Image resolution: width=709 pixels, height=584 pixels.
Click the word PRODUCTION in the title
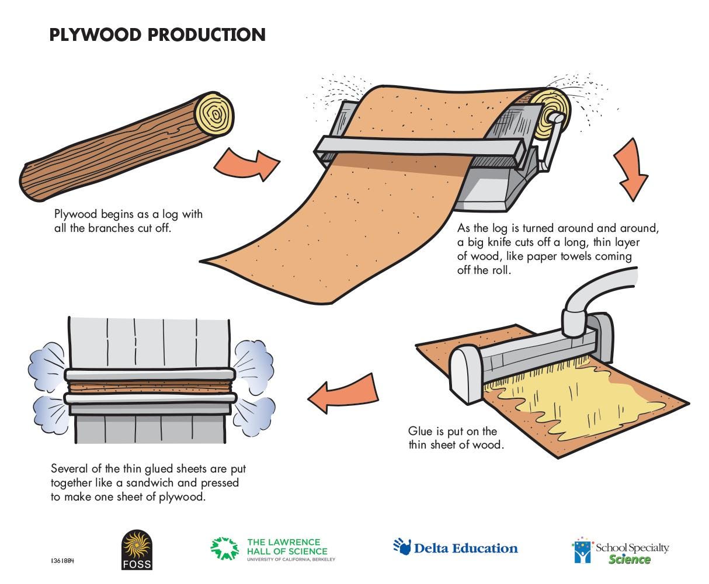[x=207, y=34]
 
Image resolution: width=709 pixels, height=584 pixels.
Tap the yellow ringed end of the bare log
[x=214, y=114]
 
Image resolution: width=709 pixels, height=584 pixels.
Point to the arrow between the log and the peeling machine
[x=247, y=164]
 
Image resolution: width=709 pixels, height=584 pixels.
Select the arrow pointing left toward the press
[x=345, y=394]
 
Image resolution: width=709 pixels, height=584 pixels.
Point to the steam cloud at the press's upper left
[x=47, y=362]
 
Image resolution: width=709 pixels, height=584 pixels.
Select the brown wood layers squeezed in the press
[x=150, y=387]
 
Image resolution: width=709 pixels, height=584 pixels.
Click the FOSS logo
[x=137, y=550]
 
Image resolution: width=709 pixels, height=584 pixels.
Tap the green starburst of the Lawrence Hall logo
[x=224, y=548]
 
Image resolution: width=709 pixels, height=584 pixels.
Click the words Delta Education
[x=466, y=548]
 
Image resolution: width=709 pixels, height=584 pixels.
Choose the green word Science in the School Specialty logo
[x=629, y=559]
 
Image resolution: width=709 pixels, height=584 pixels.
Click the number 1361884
[x=62, y=561]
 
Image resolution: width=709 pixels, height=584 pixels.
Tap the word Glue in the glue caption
[x=420, y=431]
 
